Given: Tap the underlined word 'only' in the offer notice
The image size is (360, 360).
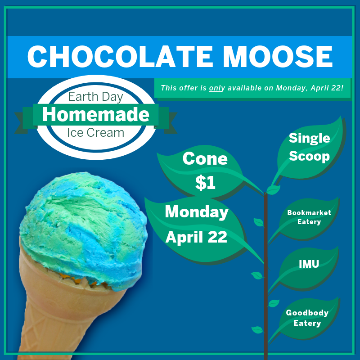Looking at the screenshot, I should [217, 88].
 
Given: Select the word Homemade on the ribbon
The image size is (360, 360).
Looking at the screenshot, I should [95, 115].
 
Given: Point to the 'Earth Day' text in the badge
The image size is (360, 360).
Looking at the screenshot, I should [95, 96].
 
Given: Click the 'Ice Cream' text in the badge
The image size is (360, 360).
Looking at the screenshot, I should [95, 133].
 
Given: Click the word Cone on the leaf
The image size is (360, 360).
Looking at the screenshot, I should [205, 159].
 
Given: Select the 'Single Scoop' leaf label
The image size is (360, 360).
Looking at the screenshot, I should [309, 147].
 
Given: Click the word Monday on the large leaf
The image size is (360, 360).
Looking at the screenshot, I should [197, 212].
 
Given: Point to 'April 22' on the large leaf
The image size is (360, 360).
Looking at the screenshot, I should [196, 237].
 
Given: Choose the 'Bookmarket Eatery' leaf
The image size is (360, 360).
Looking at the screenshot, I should [309, 217].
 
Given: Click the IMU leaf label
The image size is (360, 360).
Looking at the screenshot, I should [309, 264].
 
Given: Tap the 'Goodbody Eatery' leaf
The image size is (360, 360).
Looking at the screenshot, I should [307, 318].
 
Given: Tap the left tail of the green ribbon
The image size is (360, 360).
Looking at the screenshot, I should [22, 121].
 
